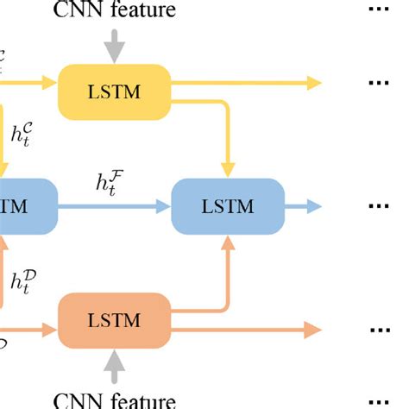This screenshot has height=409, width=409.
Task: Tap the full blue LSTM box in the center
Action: (228, 206)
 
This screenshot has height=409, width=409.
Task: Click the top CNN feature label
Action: (114, 11)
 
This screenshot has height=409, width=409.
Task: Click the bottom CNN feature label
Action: (114, 400)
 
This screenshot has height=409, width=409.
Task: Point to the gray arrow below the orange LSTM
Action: (114, 366)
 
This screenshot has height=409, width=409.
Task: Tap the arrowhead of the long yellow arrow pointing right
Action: (312, 83)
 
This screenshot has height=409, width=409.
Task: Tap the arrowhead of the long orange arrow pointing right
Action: (312, 329)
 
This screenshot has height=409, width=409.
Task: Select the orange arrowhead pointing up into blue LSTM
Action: (229, 245)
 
